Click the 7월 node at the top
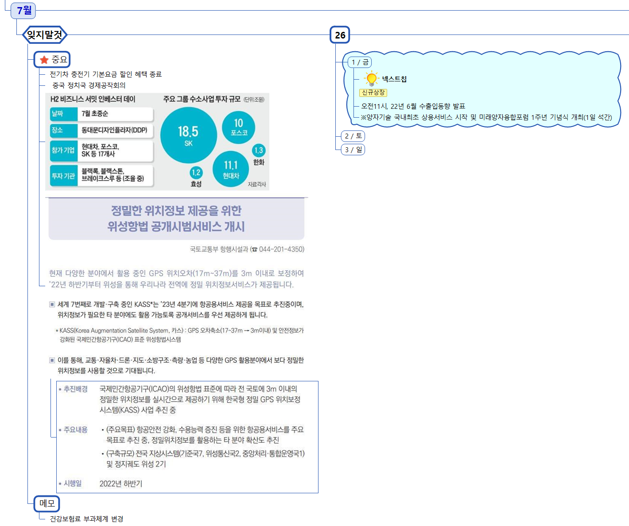coord(24,10)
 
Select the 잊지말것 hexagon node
coord(45,35)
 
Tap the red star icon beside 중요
coord(44,60)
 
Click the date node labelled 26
coord(340,35)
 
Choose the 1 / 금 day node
coord(360,62)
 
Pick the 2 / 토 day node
coord(353,136)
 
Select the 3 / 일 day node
coord(353,150)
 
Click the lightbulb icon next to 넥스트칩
coord(371,79)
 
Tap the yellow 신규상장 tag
coord(373,92)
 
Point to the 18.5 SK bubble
coord(188,135)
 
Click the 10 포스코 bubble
coord(239,126)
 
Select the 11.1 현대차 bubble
coord(231,169)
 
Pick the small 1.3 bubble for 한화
coord(259,150)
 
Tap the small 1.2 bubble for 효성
coord(196,173)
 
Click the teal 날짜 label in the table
coord(58,114)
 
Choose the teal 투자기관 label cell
coord(63,176)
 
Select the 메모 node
coord(47,503)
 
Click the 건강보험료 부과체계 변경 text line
coord(86,518)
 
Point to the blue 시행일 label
coord(73,483)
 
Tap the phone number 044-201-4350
coord(281,249)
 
